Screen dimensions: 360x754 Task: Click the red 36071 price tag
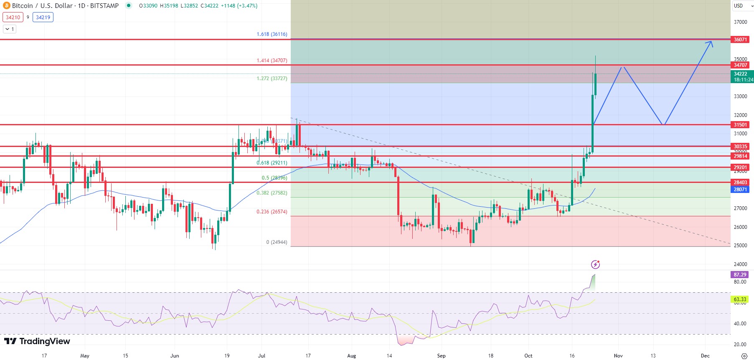(740, 40)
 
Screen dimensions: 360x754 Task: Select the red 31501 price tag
(740, 125)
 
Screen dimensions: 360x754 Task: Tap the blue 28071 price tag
(740, 190)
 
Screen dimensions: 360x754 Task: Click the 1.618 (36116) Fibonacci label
(272, 34)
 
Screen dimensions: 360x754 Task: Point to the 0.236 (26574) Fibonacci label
(272, 212)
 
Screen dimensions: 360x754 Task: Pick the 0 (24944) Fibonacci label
(277, 242)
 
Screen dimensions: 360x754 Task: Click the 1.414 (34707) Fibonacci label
(272, 61)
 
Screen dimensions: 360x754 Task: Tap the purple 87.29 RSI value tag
(740, 275)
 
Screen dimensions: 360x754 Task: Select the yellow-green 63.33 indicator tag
(740, 299)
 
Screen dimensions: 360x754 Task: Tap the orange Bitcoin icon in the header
(6, 6)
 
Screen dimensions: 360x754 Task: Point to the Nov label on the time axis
(618, 356)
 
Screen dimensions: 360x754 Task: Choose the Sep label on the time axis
(441, 356)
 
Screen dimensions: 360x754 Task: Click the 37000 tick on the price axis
(740, 22)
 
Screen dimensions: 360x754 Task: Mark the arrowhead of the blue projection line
(711, 42)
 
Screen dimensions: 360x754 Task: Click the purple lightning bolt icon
(595, 264)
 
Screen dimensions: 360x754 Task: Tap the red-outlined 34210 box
(13, 18)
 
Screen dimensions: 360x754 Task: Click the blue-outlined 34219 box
(43, 18)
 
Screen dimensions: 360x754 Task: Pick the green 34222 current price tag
(741, 76)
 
